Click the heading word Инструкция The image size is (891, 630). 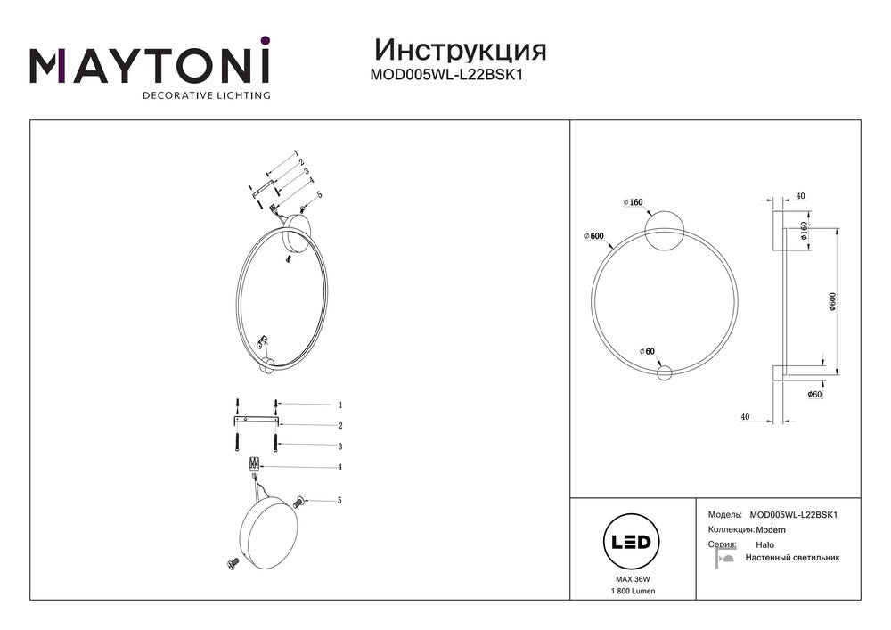pyautogui.click(x=461, y=51)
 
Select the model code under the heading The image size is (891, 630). pyautogui.click(x=446, y=75)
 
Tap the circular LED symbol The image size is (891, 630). pyautogui.click(x=631, y=542)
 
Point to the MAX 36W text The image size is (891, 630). pyautogui.click(x=633, y=579)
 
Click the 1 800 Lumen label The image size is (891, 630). pyautogui.click(x=633, y=591)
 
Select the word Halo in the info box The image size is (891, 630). pyautogui.click(x=764, y=544)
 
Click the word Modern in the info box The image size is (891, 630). pyautogui.click(x=771, y=530)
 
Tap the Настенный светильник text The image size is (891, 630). pyautogui.click(x=792, y=558)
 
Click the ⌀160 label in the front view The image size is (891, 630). pyautogui.click(x=633, y=202)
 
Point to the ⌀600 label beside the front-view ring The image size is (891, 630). pyautogui.click(x=593, y=236)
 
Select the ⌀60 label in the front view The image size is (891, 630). pyautogui.click(x=647, y=352)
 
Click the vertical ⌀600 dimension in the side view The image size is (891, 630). pyautogui.click(x=833, y=302)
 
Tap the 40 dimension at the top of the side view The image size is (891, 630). pyautogui.click(x=800, y=197)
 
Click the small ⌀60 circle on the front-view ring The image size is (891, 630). pyautogui.click(x=665, y=373)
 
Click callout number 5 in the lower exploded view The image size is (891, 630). pyautogui.click(x=339, y=501)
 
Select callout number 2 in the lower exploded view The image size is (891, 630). pyautogui.click(x=340, y=425)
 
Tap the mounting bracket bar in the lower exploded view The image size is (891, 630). pyautogui.click(x=257, y=421)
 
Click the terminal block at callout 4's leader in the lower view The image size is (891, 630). pyautogui.click(x=254, y=464)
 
